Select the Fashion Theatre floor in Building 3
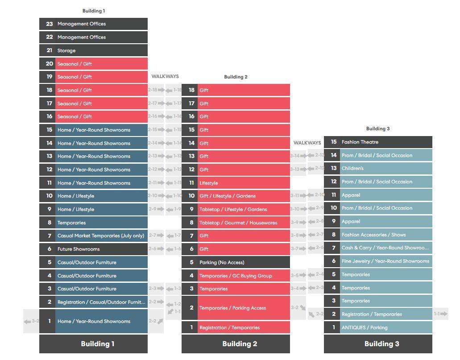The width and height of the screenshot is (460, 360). click(x=377, y=142)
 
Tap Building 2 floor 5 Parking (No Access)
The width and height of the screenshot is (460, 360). click(x=235, y=262)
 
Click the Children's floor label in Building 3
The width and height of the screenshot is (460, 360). click(x=377, y=169)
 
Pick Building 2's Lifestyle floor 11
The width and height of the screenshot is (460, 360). click(x=235, y=183)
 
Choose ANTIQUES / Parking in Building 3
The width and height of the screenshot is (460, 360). click(x=377, y=327)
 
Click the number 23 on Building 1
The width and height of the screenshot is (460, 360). click(x=49, y=24)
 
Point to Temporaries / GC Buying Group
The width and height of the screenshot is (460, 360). click(x=236, y=276)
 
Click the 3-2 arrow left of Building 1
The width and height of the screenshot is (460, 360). click(x=31, y=321)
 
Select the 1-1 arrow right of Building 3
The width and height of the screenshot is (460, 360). click(x=440, y=314)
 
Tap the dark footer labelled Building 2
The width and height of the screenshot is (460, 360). click(x=236, y=344)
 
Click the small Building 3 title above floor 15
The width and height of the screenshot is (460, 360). click(x=377, y=128)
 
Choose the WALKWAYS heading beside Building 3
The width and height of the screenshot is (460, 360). click(x=307, y=143)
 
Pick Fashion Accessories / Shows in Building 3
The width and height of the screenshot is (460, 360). click(x=377, y=235)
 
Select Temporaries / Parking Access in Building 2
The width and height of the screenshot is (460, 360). click(x=235, y=308)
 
